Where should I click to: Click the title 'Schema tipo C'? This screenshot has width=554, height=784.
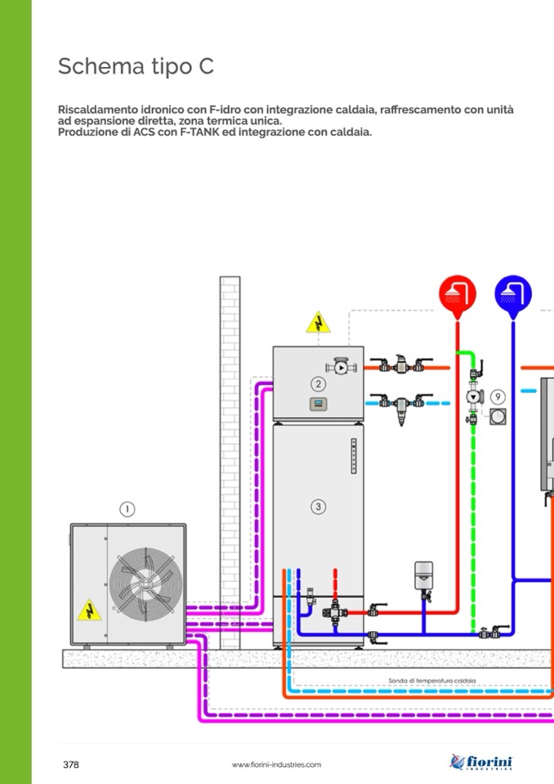136,66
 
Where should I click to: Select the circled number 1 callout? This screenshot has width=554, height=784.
127,509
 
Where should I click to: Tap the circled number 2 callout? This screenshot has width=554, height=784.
318,383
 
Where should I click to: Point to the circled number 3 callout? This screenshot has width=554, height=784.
318,507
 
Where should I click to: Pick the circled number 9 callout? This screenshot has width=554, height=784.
498,396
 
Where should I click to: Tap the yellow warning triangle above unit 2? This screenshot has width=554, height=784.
318,323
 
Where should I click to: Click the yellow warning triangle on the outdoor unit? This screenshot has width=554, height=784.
88,610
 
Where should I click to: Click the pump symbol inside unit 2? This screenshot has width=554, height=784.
341,368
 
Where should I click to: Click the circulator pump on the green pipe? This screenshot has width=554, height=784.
473,398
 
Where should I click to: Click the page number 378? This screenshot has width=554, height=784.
71,765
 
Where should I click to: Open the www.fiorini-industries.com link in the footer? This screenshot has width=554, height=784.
276,765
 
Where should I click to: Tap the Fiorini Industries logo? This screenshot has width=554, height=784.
481,762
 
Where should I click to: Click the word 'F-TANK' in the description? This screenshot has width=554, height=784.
190,132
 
